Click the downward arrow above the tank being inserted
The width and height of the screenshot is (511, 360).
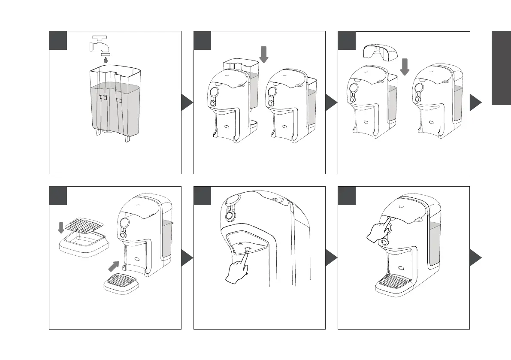click(x=264, y=54)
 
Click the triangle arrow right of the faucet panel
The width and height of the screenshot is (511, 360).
click(x=187, y=103)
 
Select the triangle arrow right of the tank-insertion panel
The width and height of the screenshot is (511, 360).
click(x=331, y=103)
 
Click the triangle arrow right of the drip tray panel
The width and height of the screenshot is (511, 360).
click(x=187, y=259)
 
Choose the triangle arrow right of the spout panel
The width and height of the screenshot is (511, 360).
click(x=331, y=259)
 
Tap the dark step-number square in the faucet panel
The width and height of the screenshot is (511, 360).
click(x=58, y=40)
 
